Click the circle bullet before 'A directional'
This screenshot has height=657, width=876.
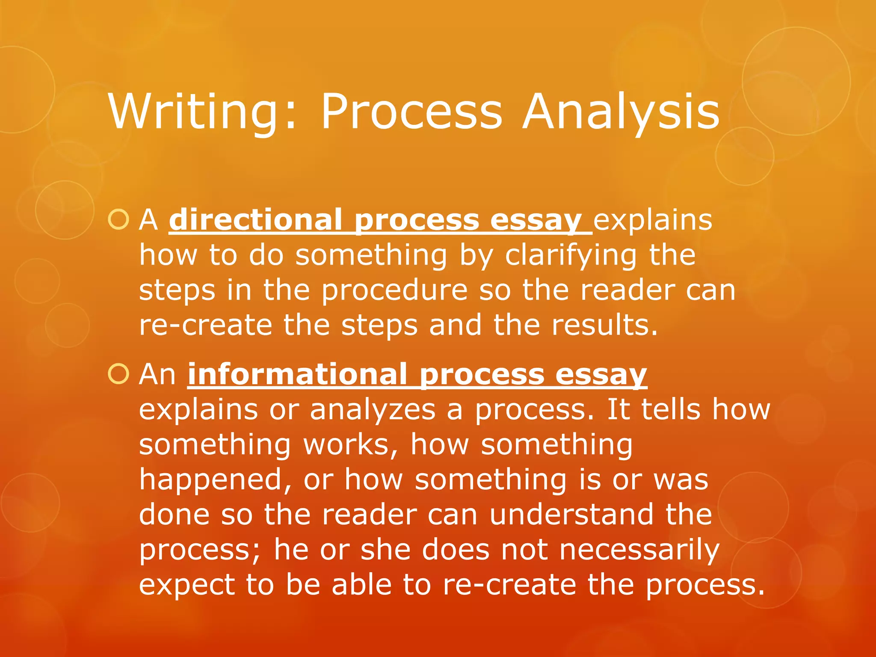(x=118, y=220)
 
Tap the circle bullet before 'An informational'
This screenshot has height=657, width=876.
(x=118, y=374)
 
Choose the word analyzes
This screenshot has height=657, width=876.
(x=372, y=409)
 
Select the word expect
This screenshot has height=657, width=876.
(x=186, y=585)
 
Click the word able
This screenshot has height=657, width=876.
(x=361, y=585)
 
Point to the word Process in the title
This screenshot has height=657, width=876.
(x=411, y=112)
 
